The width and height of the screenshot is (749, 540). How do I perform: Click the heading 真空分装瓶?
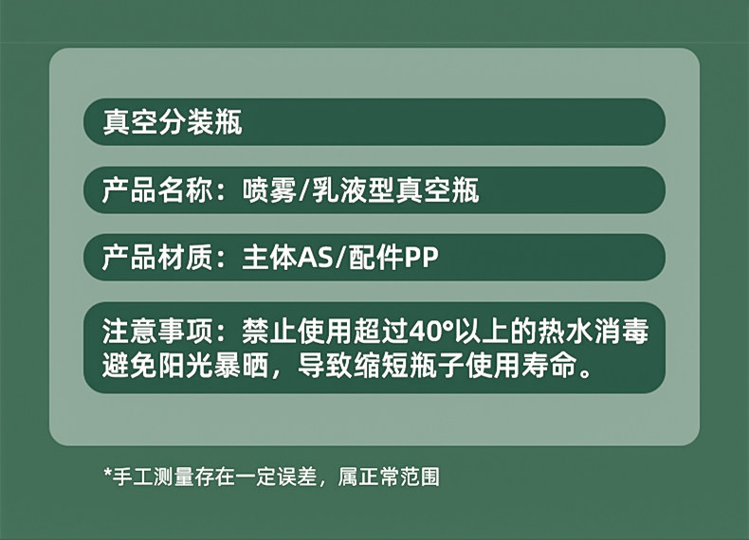coord(173,122)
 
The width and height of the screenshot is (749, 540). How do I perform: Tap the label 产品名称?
coord(157,190)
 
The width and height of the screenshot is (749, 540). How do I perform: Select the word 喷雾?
coord(269,190)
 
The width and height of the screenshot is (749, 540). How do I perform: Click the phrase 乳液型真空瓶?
coord(395,190)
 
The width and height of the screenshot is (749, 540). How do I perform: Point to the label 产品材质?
coord(157,258)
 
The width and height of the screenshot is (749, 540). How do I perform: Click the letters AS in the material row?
coord(315,259)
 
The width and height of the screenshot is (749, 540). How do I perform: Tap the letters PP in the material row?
coord(421,259)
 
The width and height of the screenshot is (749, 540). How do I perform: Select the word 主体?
coord(270,258)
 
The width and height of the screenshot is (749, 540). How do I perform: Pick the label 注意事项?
coord(157,331)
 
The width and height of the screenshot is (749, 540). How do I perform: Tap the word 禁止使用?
coord(297,331)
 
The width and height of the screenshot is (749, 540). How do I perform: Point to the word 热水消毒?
coord(594,331)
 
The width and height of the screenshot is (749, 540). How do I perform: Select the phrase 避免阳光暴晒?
coord(185,367)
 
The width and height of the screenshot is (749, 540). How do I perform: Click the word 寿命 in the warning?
coord(549,367)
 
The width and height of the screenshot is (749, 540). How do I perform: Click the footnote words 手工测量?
coord(153,477)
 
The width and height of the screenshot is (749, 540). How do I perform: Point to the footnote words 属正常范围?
coord(389,477)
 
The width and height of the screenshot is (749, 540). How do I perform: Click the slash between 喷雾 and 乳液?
coord(304,190)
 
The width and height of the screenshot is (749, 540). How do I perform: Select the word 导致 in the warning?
coord(325,367)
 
